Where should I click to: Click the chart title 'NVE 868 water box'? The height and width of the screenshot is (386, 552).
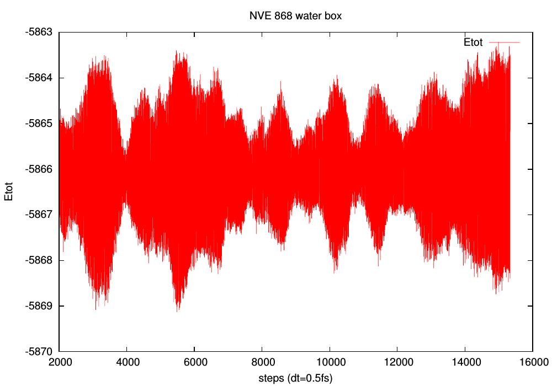295,16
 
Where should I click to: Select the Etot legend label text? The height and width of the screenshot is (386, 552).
473,42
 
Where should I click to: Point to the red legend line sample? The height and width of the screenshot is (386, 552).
505,42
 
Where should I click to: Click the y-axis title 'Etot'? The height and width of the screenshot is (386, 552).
9,191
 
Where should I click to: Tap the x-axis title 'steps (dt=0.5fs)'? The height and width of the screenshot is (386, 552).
295,378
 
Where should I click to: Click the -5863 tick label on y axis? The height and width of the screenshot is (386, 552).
40,32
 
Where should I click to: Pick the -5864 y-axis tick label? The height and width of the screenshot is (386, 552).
40,78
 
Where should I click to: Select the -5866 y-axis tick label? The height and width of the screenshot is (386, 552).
40,169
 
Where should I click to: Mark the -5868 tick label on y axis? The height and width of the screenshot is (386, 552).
40,260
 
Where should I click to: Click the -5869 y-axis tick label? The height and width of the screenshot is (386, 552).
40,305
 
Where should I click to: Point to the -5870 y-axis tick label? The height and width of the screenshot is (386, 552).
40,351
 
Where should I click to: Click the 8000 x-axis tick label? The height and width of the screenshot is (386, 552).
262,363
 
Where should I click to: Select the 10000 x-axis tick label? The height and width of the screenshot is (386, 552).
330,363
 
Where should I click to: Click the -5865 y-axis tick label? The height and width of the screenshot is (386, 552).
40,124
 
